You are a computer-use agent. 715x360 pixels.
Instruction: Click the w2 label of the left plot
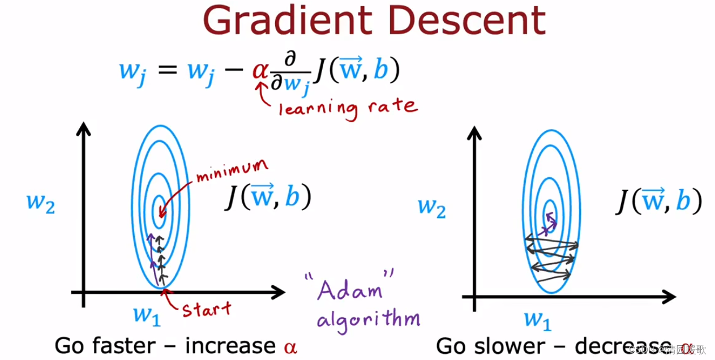pos(41,202)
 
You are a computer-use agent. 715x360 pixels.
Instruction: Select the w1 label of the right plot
pos(538,319)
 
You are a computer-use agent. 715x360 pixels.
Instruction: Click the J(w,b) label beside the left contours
pos(268,199)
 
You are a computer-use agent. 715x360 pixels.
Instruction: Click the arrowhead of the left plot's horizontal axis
pos(279,292)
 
